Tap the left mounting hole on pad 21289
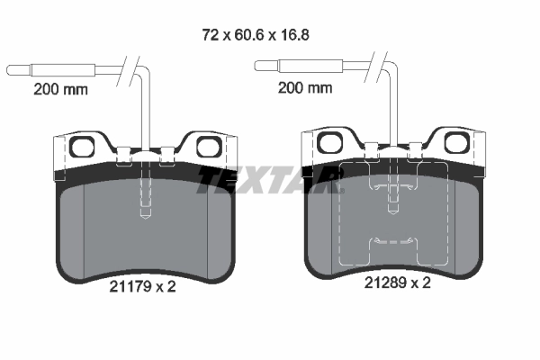[330, 141]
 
